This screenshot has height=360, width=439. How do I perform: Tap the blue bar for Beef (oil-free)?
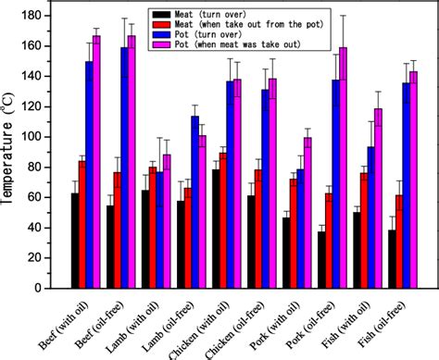click(125, 168)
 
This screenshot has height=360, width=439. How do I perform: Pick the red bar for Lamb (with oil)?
click(153, 227)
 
